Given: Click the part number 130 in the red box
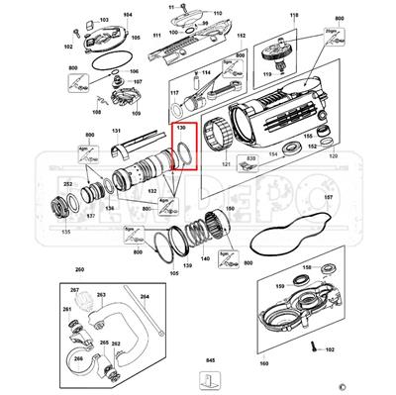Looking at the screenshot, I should [x=181, y=128].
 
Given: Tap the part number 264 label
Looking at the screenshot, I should [x=145, y=296].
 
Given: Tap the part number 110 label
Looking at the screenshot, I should [x=218, y=14].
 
